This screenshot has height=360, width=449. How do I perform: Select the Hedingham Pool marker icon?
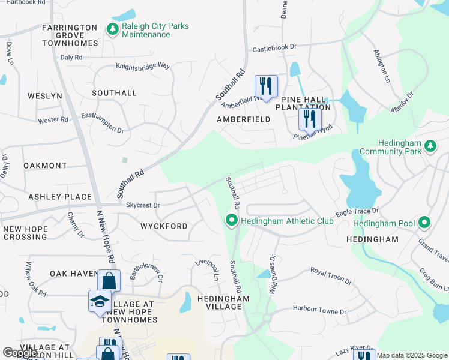pyautogui.click(x=424, y=223)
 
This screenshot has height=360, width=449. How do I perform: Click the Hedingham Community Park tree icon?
pyautogui.click(x=430, y=146)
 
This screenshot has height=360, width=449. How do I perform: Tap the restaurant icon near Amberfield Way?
pyautogui.click(x=265, y=85)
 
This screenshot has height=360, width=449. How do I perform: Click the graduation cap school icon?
pyautogui.click(x=100, y=301)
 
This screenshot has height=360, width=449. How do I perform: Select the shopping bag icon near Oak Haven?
pyautogui.click(x=109, y=280)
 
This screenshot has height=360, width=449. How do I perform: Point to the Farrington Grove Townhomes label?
pyautogui.click(x=70, y=35)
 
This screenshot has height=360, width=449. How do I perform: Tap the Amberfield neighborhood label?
pyautogui.click(x=243, y=119)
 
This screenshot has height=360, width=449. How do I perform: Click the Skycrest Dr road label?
pyautogui.click(x=143, y=205)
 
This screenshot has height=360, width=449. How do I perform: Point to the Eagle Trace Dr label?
pyautogui.click(x=357, y=212)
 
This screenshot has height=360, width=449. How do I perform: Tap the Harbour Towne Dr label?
pyautogui.click(x=319, y=311)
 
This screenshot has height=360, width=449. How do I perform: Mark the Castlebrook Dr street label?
pyautogui.click(x=274, y=47)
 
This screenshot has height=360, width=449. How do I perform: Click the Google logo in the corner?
pyautogui.click(x=20, y=353)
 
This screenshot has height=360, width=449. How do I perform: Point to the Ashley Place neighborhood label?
pyautogui.click(x=60, y=197)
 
